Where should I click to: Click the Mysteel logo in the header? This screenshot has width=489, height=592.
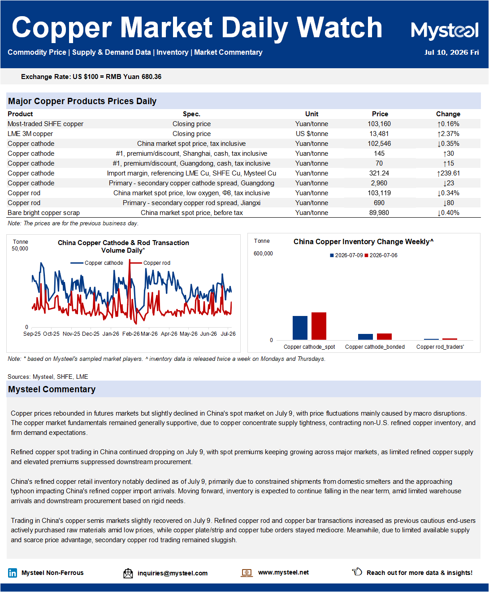pos(445,31)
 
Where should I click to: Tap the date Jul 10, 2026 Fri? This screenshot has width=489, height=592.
pos(451,53)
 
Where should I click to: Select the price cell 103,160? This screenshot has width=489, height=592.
pos(379,124)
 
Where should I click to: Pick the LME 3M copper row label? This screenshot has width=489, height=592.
pos(30,134)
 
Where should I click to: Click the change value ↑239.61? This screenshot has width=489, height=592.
pos(448,173)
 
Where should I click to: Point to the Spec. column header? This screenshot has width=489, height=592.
pos(191,114)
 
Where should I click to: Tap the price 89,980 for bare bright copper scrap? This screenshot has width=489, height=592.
pos(379,213)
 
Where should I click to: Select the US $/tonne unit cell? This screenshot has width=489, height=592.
pos(312,134)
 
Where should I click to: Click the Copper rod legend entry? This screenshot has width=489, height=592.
pos(150,263)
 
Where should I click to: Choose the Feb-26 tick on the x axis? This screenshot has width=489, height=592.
pos(131,334)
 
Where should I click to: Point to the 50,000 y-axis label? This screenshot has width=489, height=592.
pos(20,249)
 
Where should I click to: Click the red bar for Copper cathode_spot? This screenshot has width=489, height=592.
pos(319,326)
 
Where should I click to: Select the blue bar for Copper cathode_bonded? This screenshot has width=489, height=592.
pos(365,337)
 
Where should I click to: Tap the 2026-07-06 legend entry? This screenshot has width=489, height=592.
pos(381,255)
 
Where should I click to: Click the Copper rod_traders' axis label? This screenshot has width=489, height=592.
pos(440,347)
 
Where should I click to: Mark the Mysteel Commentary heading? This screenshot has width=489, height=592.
pos(52,389)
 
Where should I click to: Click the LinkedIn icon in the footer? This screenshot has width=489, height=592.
pos(13,573)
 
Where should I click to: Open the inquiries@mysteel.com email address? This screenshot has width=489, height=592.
pos(173,573)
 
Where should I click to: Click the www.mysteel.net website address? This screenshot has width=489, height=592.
pos(283,572)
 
